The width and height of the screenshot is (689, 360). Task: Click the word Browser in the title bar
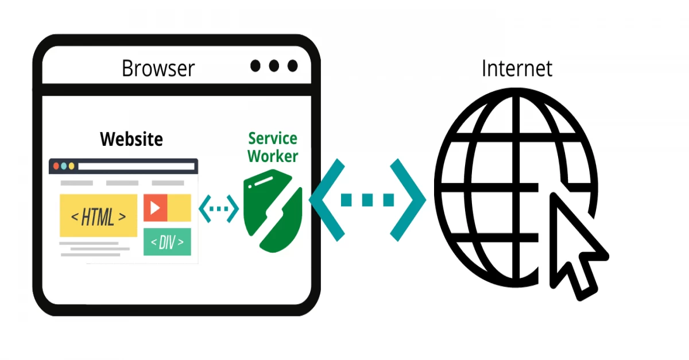[x=158, y=68]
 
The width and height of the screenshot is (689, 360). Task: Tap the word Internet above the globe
[x=517, y=68]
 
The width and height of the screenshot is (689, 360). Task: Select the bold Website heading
[x=131, y=139]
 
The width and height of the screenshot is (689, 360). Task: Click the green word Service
[x=273, y=138]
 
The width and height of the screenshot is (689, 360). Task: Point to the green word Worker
[x=273, y=156]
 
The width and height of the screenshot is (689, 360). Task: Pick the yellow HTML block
[x=98, y=216]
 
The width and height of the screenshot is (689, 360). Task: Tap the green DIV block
[x=167, y=242]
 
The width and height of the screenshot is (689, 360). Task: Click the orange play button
[x=155, y=208]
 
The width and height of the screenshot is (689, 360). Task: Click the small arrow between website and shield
[x=218, y=208]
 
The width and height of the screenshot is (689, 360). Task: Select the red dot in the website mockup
[x=56, y=166]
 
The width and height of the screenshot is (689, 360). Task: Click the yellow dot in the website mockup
[x=71, y=166]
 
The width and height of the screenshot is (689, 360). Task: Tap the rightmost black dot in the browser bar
[x=293, y=66]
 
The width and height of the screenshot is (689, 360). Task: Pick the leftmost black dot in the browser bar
[x=256, y=66]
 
